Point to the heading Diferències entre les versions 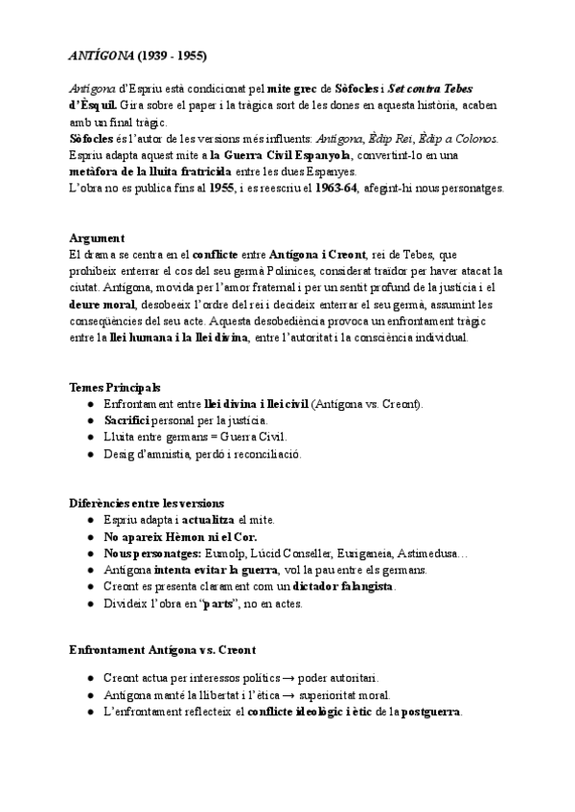coord(147,503)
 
